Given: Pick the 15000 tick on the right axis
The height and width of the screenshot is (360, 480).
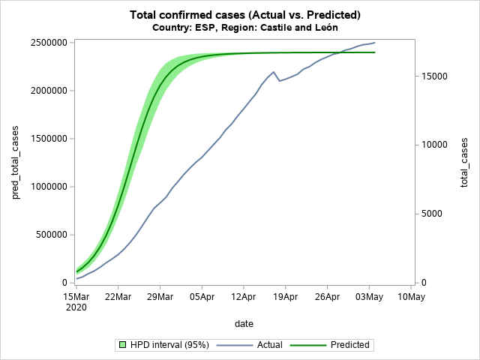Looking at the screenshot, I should coord(432,76).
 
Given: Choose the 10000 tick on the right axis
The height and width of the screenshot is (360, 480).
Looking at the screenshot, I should coord(432,145).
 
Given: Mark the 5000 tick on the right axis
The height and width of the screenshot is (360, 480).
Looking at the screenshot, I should coord(430,214).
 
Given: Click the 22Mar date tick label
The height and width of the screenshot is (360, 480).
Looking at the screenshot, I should coord(118,297).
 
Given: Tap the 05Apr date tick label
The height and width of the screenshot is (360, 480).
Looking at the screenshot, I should coord(202,297).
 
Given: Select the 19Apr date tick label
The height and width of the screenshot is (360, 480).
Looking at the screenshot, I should coord(285,297).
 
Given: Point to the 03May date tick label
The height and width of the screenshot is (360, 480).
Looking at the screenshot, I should coord(369,297).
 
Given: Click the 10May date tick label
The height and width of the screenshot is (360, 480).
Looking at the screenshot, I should coord(411,297).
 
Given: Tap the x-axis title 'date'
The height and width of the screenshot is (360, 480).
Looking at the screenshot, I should coord(243,324).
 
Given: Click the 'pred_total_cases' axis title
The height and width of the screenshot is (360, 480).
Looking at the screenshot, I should coord(16,163).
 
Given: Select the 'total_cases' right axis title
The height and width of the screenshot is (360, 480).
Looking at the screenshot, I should coord(465,163).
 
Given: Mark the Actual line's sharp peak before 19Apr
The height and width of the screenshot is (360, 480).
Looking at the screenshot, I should coord(274,72).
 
